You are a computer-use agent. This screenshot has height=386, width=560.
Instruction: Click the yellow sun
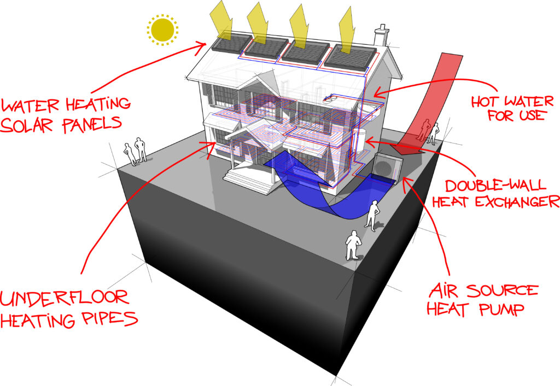pos(162,30)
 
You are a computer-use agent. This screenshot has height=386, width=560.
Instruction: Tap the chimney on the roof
pos(381,35)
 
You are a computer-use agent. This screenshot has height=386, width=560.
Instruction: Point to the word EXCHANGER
pos(518,202)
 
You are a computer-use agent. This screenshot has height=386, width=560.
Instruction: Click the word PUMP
pos(501,309)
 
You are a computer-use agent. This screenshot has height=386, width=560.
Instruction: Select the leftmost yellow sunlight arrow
pos(222,20)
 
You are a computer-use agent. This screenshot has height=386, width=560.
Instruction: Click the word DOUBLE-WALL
pos(495,185)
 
